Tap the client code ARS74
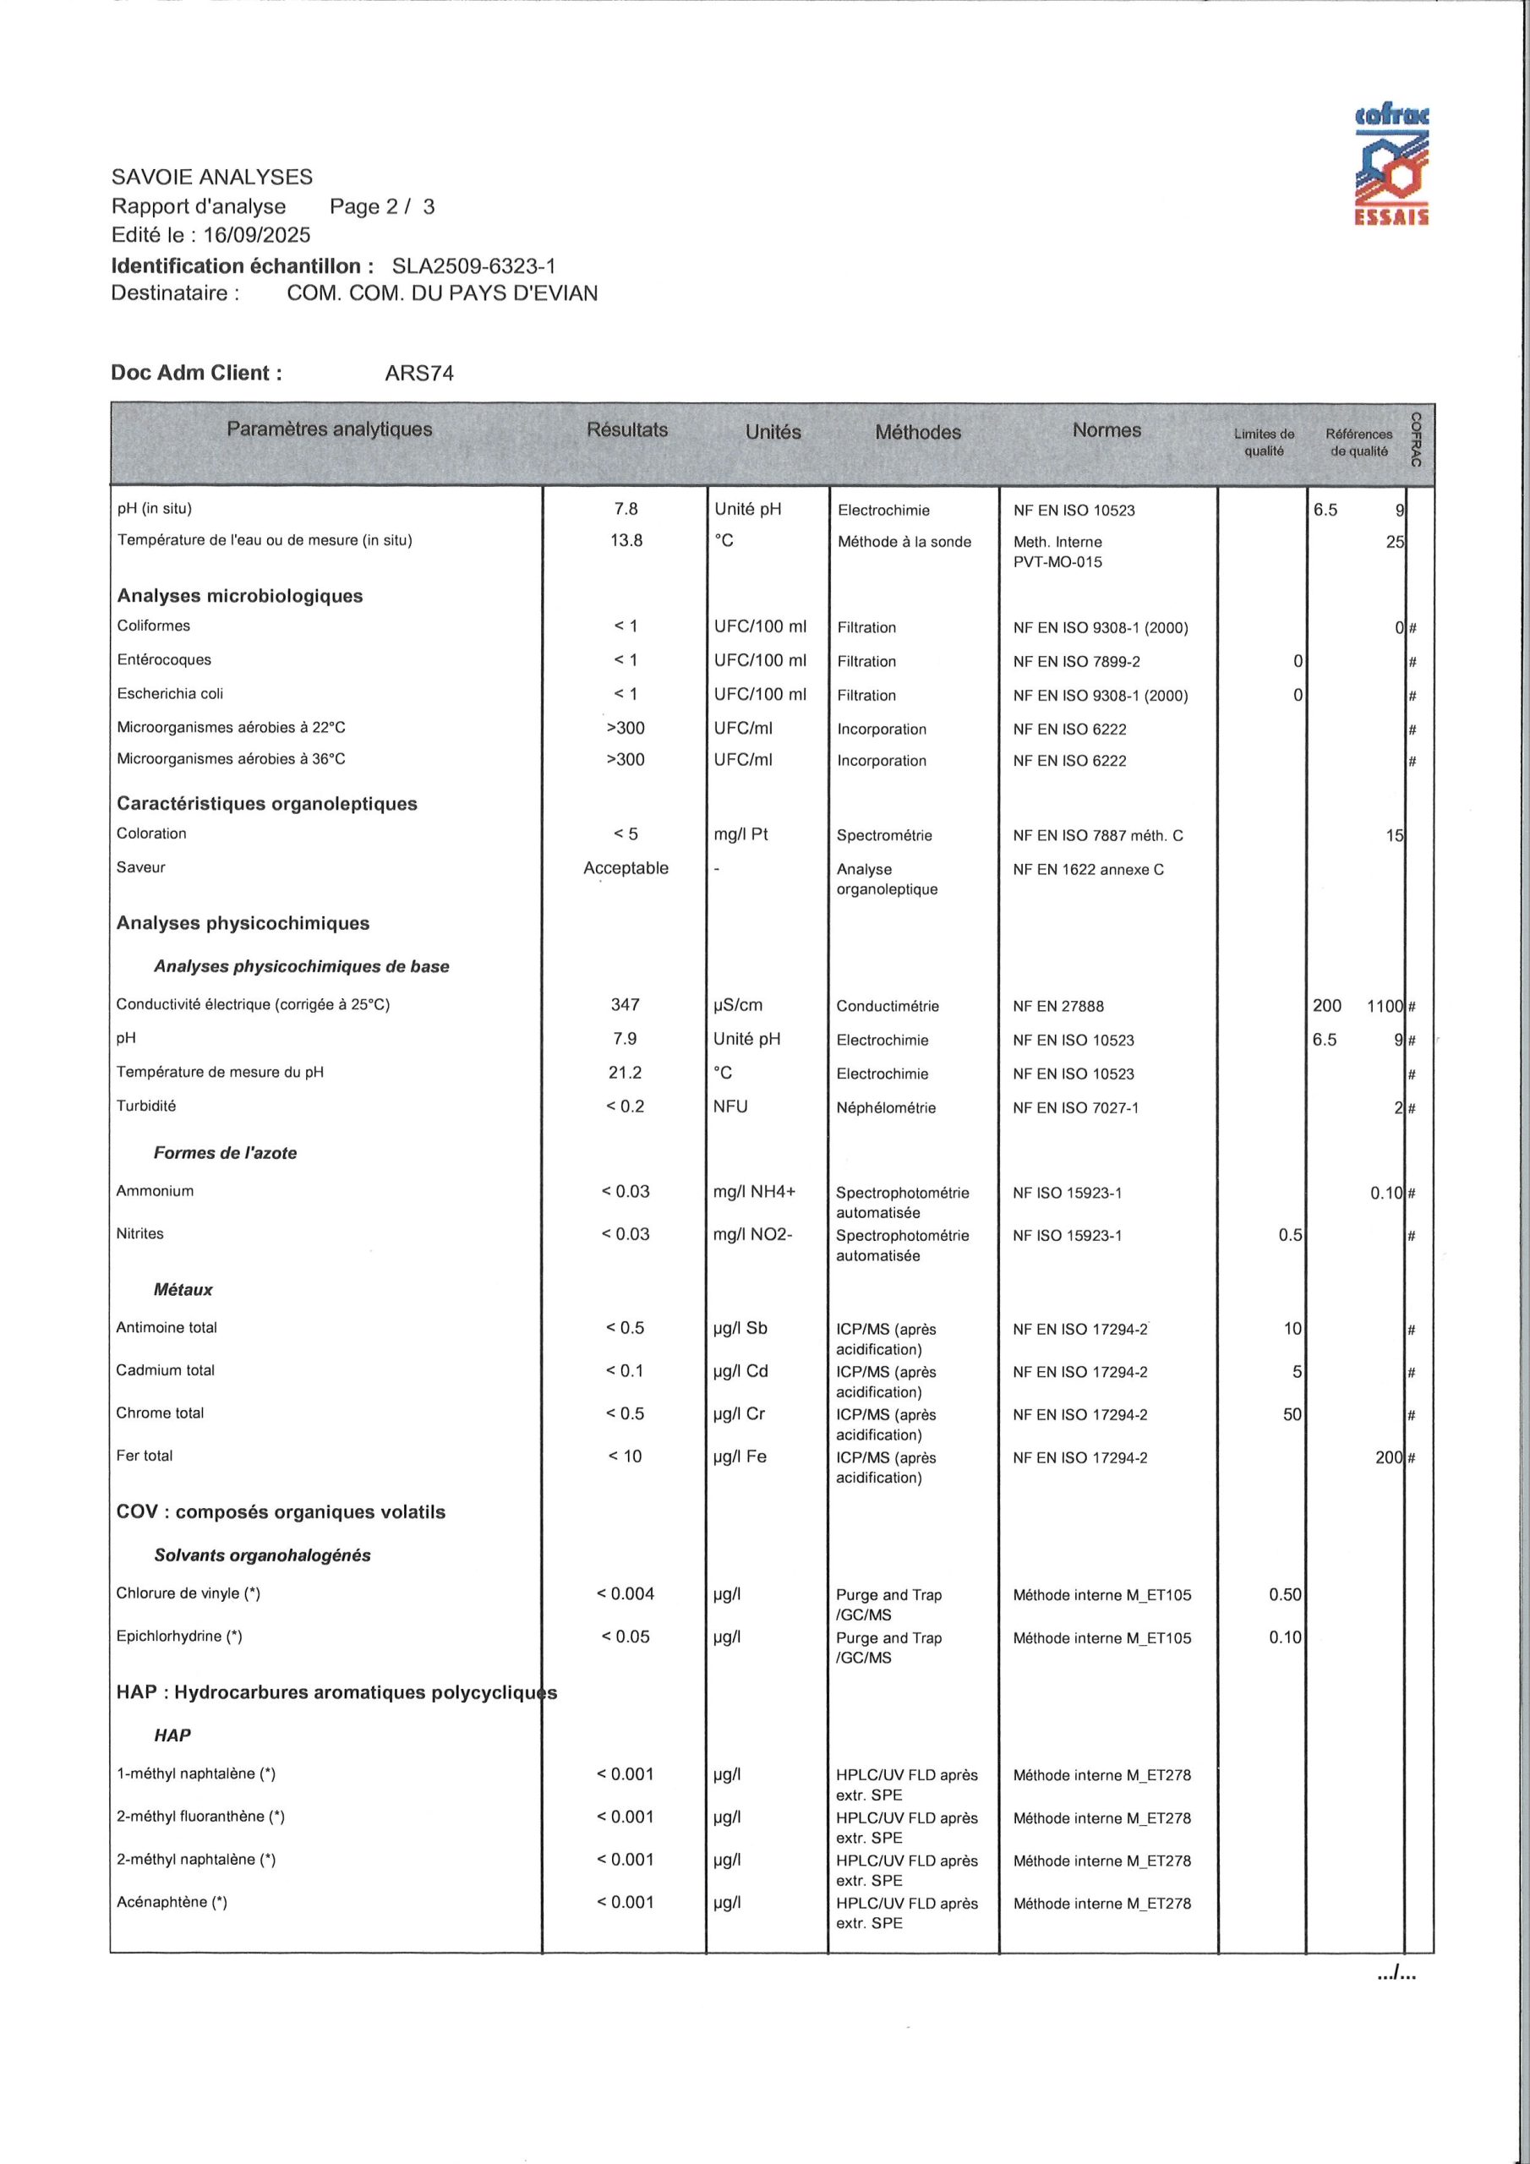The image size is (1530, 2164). [418, 374]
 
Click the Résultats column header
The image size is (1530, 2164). [627, 429]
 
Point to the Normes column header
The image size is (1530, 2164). [1106, 429]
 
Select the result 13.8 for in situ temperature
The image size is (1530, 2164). [626, 540]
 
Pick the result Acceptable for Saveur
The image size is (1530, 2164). [626, 868]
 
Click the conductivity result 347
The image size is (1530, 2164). [625, 1005]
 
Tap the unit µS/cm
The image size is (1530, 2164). [738, 1005]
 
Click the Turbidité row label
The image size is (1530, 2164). [146, 1106]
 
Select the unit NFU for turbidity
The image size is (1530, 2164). [730, 1107]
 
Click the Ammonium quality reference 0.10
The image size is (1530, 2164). [1386, 1192]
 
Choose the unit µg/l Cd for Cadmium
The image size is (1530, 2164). [741, 1370]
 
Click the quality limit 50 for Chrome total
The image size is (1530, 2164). [1292, 1413]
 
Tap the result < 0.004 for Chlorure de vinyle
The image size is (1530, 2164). [625, 1593]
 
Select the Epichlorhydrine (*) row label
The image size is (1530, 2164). [179, 1637]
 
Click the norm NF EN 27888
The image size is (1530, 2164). [1057, 1006]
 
